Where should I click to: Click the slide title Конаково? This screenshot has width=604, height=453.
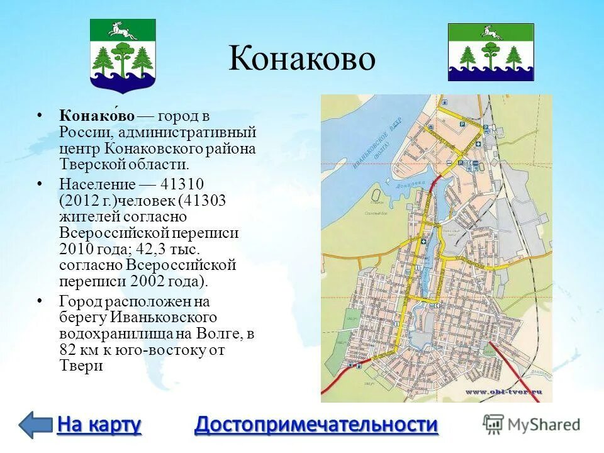point(301,59)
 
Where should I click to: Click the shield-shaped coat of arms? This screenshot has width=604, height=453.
point(123,55)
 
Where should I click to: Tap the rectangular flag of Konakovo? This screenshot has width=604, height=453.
point(491,52)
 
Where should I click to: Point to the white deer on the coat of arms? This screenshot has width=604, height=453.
point(123,29)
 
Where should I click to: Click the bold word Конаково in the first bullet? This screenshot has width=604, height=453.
point(98,116)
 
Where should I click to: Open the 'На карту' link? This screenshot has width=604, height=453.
point(99,425)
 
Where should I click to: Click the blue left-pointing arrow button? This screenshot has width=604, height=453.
point(35,425)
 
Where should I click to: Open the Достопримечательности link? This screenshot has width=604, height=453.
point(316,425)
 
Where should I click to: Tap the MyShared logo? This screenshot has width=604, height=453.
point(532,423)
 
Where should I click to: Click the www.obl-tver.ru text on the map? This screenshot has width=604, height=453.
point(503,392)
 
